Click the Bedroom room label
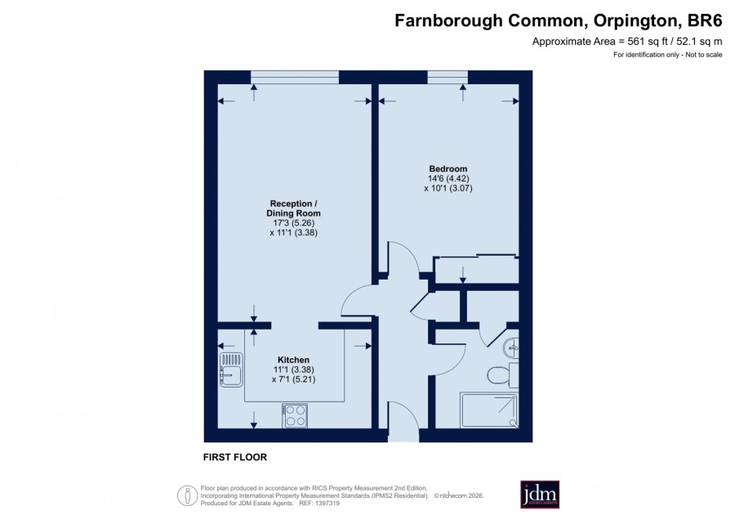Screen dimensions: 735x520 click(448, 169)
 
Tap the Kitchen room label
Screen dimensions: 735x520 click(293, 360)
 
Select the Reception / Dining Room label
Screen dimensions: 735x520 click(293, 208)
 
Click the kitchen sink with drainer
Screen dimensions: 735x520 click(231, 370)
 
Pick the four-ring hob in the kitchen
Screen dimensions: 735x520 click(295, 415)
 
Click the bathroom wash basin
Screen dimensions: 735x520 click(511, 348)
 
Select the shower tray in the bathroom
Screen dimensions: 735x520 click(489, 410)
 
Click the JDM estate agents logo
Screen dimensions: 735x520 click(540, 494)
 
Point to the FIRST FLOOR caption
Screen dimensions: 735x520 click(235, 457)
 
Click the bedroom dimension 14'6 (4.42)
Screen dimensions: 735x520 click(448, 179)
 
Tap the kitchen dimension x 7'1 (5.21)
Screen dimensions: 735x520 click(293, 379)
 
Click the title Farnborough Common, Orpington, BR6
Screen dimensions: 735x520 click(559, 20)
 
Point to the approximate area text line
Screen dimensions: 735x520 click(627, 42)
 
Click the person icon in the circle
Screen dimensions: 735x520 click(188, 495)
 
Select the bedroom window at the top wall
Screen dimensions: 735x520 click(448, 78)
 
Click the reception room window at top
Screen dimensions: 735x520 click(294, 78)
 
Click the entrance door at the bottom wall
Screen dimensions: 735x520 click(403, 422)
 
